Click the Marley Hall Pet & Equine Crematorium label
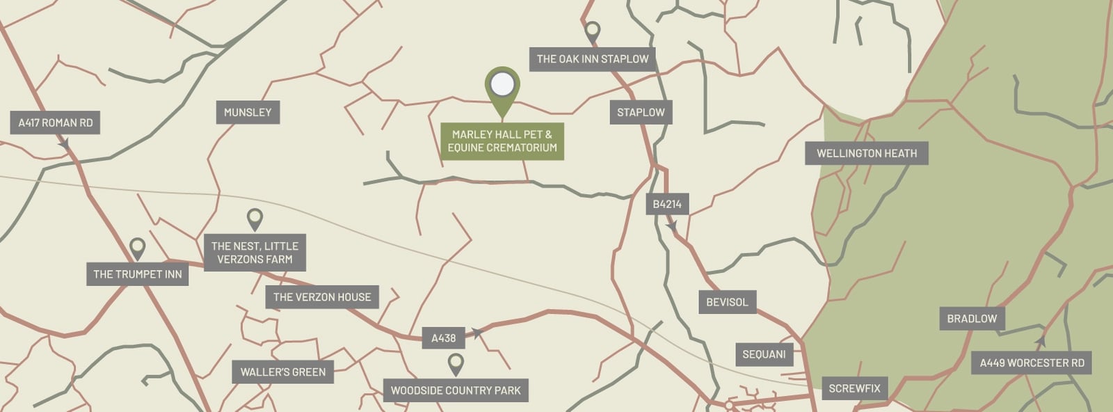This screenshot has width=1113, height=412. tap(502, 141)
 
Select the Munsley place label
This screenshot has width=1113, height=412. tap(248, 112)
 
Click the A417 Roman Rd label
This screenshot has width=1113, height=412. tap(56, 123)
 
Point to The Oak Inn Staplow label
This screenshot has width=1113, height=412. tap(593, 59)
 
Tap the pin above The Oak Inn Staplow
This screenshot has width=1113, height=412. tap(592, 31)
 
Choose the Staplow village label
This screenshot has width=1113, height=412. tap(641, 112)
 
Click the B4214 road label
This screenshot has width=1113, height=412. tap(667, 204)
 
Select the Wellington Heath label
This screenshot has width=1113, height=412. tap(867, 153)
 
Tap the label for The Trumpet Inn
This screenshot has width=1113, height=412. tap(138, 274)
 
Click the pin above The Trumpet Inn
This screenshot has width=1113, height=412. tap(138, 247)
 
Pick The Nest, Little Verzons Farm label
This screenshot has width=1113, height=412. tap(255, 253)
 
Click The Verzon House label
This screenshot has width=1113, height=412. tap(322, 297)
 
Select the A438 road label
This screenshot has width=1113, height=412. tap(443, 338)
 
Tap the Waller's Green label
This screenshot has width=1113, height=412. tap(283, 372)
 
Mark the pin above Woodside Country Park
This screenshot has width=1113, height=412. tap(456, 363)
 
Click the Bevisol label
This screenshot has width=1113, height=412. tap(727, 302)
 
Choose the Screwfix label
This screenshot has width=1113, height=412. tap(854, 388)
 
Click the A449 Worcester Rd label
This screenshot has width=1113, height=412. tap(1032, 363)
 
